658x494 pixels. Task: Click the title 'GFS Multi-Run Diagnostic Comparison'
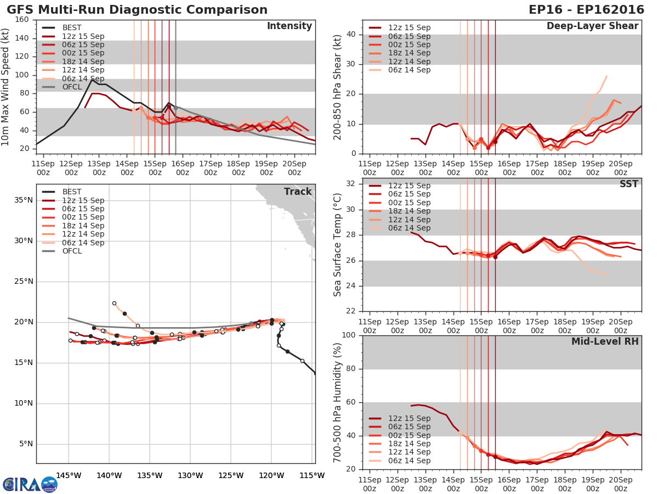137,10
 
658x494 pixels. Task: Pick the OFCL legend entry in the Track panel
72,251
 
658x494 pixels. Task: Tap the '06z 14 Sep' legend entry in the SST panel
409,228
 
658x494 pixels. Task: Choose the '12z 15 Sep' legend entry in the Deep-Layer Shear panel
409,28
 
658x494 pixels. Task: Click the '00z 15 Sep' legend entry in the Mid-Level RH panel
409,435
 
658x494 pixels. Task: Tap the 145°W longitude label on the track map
69,475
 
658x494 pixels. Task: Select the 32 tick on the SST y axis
351,184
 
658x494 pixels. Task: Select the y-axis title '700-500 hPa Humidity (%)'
338,402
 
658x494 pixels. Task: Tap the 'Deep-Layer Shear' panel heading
592,26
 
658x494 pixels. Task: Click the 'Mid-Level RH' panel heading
605,342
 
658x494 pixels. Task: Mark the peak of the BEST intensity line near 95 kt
92,80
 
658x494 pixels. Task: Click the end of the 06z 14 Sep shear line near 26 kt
606,76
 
